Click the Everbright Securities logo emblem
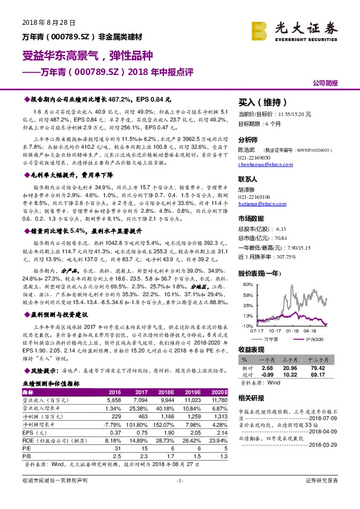(261, 29)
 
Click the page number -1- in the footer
(180, 498)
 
